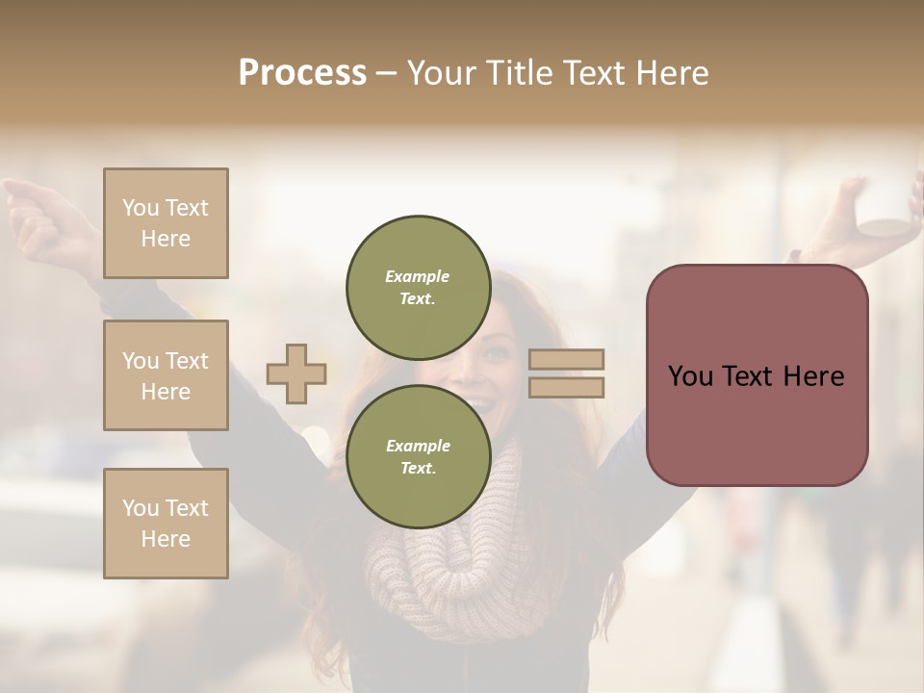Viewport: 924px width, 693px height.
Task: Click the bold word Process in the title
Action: [x=302, y=73]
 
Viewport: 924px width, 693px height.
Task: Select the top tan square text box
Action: [x=166, y=223]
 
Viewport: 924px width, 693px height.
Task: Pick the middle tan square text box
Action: [x=166, y=375]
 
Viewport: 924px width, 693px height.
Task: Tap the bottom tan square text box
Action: [x=166, y=523]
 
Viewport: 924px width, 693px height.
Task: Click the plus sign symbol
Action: [x=296, y=373]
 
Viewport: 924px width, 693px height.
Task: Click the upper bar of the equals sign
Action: [x=567, y=359]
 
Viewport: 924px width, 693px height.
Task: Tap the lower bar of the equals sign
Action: [x=567, y=387]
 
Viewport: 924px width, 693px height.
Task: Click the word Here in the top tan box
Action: [x=166, y=239]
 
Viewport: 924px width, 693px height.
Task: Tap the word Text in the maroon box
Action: [x=757, y=376]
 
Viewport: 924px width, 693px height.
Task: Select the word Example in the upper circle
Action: [x=418, y=276]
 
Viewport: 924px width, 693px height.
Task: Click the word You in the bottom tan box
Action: [x=140, y=507]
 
